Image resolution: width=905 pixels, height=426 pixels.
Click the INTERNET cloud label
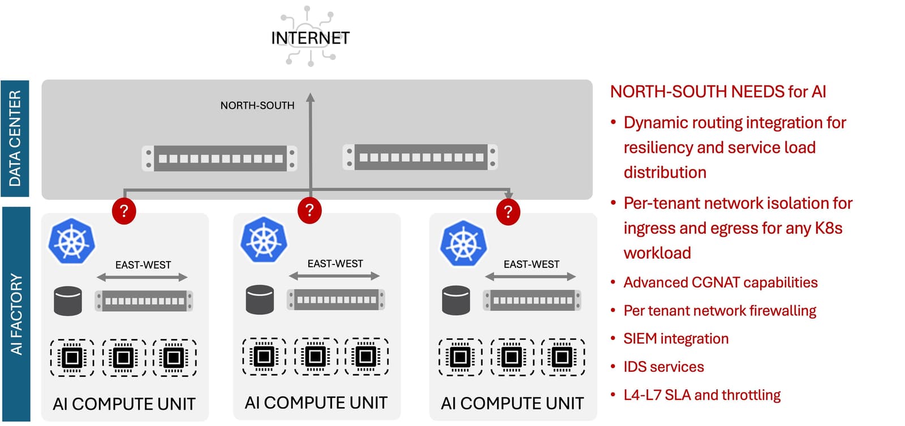pos(310,38)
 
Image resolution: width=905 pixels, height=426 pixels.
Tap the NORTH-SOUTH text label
pos(257,105)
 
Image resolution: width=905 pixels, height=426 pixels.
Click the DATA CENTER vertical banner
pos(15,138)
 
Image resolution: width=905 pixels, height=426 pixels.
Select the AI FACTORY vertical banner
pos(16,314)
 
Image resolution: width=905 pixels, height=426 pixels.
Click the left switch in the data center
pos(219,159)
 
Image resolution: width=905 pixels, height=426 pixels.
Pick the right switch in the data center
pos(420,157)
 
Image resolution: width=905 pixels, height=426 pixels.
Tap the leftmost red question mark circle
pos(124,211)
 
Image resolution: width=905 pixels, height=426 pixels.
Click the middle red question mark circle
pos(309,210)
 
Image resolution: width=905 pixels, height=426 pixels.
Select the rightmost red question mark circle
pos(508,212)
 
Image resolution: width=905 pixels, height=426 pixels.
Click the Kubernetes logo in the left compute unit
pos(71,241)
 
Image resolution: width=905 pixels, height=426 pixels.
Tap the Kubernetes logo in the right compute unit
pos(463,244)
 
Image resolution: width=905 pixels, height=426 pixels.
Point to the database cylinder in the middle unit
pos(260,300)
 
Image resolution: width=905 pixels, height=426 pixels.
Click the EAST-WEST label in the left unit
pos(143,265)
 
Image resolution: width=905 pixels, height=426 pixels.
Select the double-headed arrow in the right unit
pos(530,276)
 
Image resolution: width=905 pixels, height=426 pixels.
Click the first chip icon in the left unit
pos(72,357)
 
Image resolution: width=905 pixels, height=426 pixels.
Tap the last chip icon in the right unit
pos(562,357)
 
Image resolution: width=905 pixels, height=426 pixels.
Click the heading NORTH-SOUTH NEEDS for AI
pos(718,92)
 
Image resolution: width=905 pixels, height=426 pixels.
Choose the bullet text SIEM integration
pos(675,339)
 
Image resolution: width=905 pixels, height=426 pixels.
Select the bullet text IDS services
pos(663,367)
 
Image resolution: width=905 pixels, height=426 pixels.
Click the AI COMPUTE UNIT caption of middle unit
pos(316,403)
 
